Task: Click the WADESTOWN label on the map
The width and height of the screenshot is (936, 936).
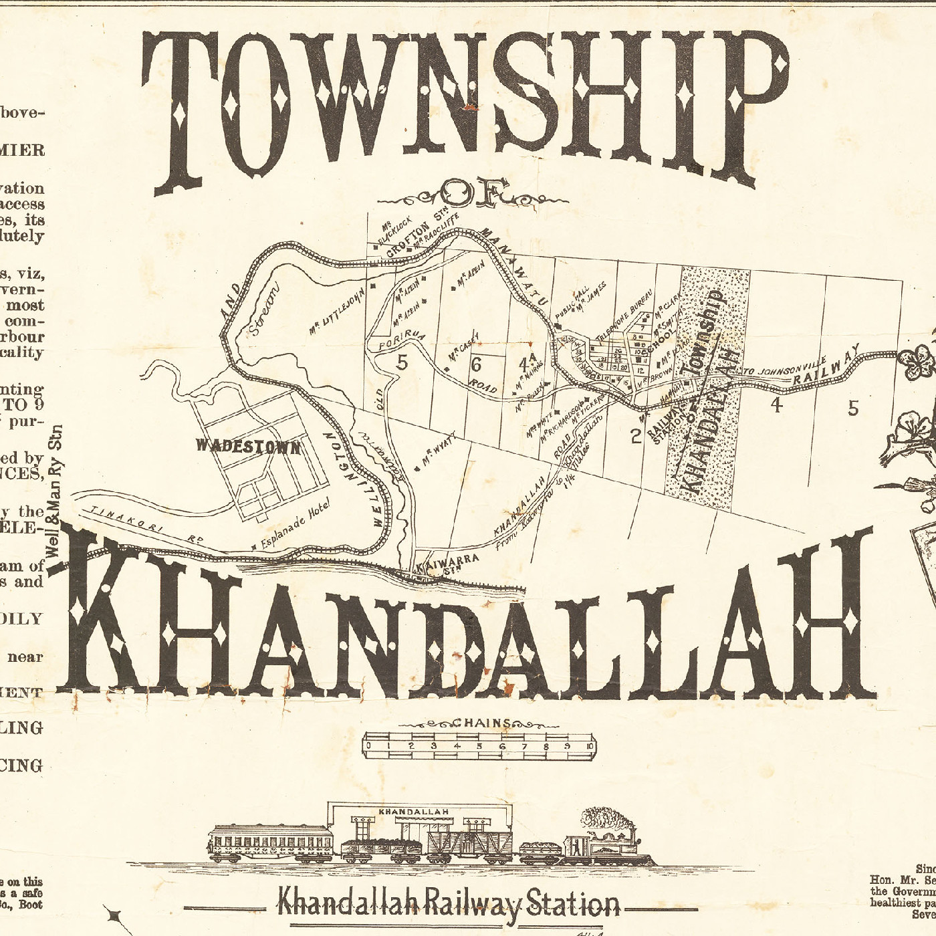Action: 248,446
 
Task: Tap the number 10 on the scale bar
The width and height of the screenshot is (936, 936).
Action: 590,746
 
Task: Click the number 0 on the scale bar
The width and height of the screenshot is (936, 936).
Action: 368,746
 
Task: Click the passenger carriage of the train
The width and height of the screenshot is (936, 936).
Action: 270,844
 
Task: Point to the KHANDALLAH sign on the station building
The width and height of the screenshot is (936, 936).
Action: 414,812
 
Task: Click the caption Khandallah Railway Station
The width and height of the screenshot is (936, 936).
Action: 448,905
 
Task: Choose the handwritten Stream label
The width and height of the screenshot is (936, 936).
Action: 264,312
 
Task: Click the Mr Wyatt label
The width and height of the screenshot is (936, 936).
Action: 439,454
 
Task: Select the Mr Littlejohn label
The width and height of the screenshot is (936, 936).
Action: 337,312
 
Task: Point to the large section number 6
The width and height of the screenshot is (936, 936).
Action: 475,364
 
